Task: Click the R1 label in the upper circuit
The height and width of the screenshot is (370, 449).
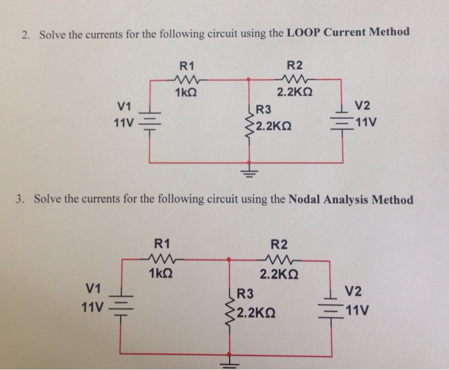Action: coord(187,65)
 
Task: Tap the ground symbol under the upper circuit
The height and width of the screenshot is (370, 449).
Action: coord(250,172)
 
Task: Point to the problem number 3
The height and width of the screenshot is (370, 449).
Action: coord(20,199)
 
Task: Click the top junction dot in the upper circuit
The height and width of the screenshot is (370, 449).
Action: coord(250,80)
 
